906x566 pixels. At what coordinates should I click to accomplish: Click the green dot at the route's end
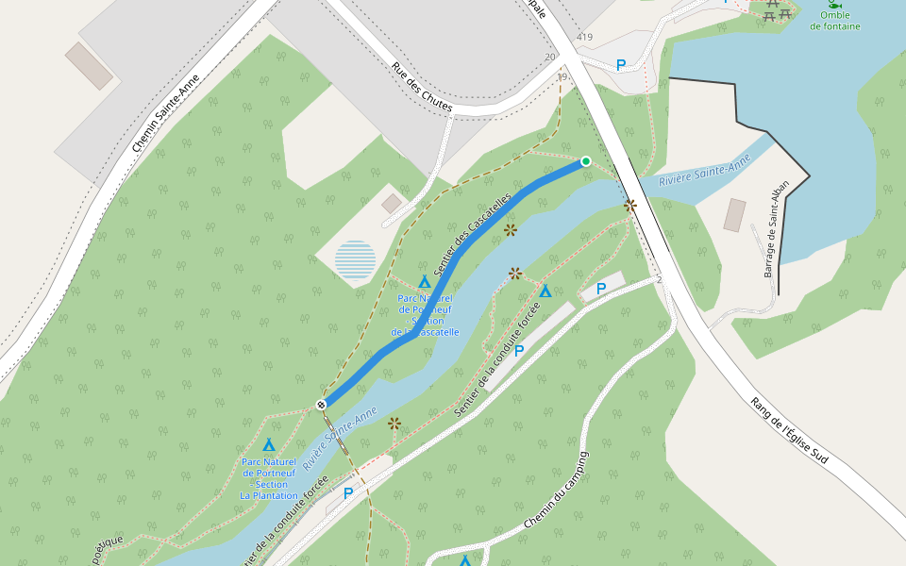click(585, 161)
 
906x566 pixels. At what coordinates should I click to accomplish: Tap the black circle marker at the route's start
click(321, 405)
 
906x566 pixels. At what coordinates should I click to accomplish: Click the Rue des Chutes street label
click(421, 88)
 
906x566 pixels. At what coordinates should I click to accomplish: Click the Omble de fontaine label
click(834, 21)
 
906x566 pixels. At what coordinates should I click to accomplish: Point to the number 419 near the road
click(584, 38)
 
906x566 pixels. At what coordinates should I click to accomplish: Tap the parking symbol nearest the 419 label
click(620, 65)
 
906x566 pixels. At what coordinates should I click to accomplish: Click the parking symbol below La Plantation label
click(348, 492)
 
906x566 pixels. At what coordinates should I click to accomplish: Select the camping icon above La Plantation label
click(269, 444)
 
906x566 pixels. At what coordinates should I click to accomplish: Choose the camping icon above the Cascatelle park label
click(425, 282)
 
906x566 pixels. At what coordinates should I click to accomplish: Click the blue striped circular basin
click(355, 260)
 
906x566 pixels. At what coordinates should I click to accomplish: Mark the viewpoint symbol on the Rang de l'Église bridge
click(629, 205)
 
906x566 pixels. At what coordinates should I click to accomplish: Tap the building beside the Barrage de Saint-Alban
click(734, 215)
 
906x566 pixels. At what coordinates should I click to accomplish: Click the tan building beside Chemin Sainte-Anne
click(89, 66)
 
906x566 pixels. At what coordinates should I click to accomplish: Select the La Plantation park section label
click(269, 478)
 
